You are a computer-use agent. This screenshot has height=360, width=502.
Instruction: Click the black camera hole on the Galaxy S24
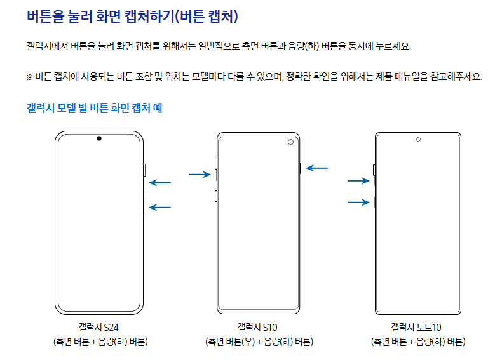99,138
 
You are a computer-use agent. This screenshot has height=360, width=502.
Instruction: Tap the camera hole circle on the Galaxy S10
290,142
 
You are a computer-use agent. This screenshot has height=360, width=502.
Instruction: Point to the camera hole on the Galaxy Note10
418,139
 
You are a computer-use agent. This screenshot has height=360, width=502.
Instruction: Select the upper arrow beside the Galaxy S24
160,183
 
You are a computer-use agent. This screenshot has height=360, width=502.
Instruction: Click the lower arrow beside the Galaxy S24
160,207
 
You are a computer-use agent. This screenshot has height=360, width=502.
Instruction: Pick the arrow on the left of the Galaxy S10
200,174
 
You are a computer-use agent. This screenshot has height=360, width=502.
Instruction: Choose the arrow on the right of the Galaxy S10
316,168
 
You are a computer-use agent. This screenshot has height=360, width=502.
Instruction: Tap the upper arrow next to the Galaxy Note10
358,181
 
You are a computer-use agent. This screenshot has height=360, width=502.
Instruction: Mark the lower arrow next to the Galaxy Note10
358,203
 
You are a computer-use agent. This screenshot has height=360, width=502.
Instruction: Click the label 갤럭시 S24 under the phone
99,328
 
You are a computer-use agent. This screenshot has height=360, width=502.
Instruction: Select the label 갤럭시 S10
258,328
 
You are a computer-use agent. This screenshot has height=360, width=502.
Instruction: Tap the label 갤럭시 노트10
417,328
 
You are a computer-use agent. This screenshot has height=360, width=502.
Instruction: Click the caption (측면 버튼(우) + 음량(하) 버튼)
259,342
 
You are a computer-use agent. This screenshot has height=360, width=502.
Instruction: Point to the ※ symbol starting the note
29,77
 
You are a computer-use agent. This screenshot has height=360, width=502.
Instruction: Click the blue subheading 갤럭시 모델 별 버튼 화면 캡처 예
94,109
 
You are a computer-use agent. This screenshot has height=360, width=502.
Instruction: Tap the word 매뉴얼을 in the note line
415,77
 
